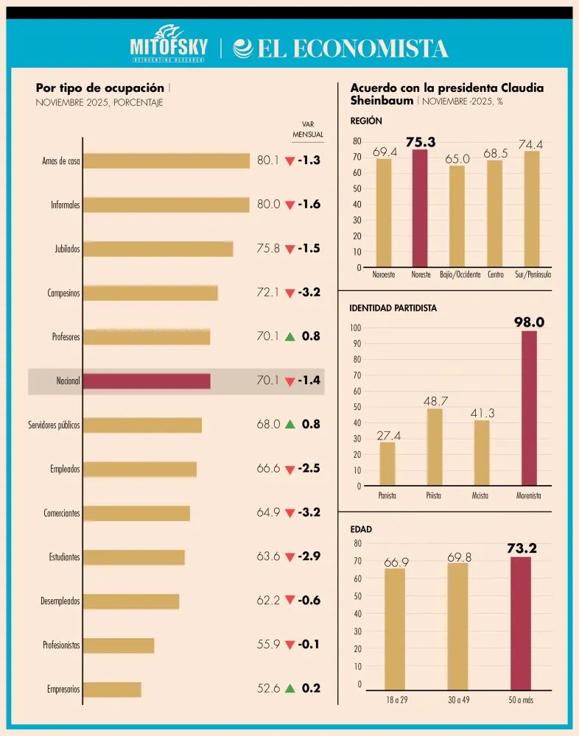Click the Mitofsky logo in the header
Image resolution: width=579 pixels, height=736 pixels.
pyautogui.click(x=169, y=44)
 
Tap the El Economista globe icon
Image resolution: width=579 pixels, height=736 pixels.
pyautogui.click(x=243, y=49)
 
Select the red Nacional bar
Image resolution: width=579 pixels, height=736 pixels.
pyautogui.click(x=147, y=381)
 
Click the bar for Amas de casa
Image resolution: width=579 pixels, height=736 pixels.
pyautogui.click(x=166, y=160)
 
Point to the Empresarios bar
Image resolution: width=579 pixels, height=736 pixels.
pyautogui.click(x=112, y=689)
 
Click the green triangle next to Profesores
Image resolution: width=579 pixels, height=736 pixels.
pyautogui.click(x=290, y=336)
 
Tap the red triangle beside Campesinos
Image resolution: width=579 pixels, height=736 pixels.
pyautogui.click(x=290, y=294)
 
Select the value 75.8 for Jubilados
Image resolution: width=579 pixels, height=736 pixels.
pyautogui.click(x=268, y=248)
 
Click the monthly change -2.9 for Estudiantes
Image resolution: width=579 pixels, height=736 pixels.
pyautogui.click(x=309, y=556)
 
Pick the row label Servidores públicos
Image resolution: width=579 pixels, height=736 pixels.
pyautogui.click(x=54, y=425)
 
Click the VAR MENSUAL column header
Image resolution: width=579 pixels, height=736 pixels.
pyautogui.click(x=308, y=129)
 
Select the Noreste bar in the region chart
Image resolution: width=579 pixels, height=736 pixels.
pyautogui.click(x=420, y=208)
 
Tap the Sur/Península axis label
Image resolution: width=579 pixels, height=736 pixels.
pyautogui.click(x=533, y=275)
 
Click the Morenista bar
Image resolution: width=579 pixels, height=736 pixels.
pyautogui.click(x=529, y=408)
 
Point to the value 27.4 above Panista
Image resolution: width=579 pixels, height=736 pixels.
pyautogui.click(x=389, y=436)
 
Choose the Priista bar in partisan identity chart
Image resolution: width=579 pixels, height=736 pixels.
pyautogui.click(x=435, y=447)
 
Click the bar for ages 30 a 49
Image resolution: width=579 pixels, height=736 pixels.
pyautogui.click(x=457, y=626)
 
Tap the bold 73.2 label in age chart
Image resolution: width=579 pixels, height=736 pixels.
pyautogui.click(x=522, y=548)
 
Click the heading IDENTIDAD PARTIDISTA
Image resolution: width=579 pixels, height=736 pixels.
pyautogui.click(x=393, y=308)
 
